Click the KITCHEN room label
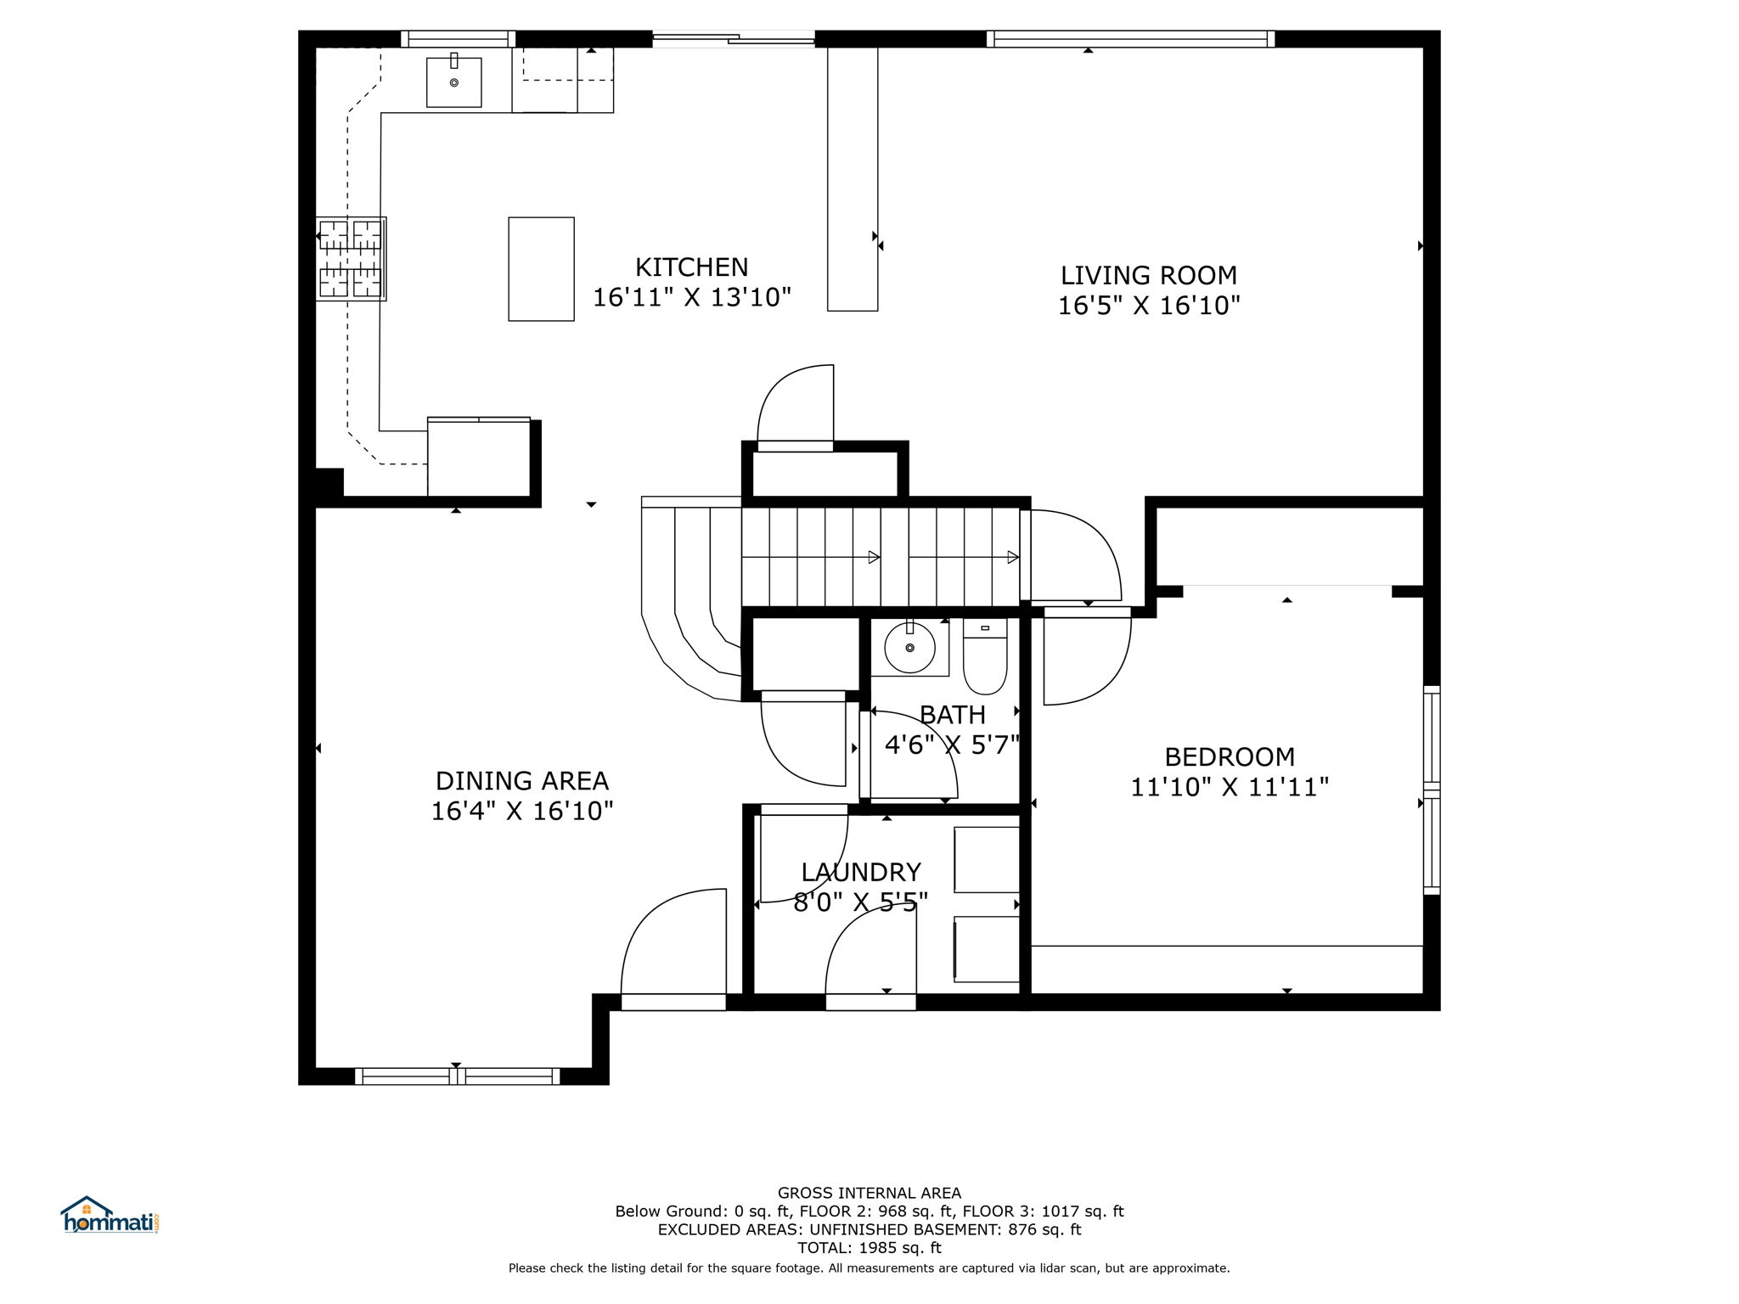pyautogui.click(x=691, y=267)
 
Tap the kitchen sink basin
pyautogui.click(x=453, y=82)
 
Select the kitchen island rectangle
pyautogui.click(x=541, y=269)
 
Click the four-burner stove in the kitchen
pyautogui.click(x=351, y=258)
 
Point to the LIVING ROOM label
pyautogui.click(x=1148, y=275)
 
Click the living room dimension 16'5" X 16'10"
pyautogui.click(x=1148, y=306)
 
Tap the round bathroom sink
pyautogui.click(x=909, y=648)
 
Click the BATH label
pyautogui.click(x=952, y=715)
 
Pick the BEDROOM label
pyautogui.click(x=1229, y=756)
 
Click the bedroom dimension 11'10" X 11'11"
pyautogui.click(x=1229, y=787)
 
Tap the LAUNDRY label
pyautogui.click(x=860, y=872)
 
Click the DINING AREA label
pyautogui.click(x=521, y=780)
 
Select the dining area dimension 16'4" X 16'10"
pyautogui.click(x=521, y=811)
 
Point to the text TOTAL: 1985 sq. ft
pyautogui.click(x=869, y=1248)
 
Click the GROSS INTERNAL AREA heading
pyautogui.click(x=869, y=1193)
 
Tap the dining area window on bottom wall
pyautogui.click(x=457, y=1076)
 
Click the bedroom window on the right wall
pyautogui.click(x=1432, y=790)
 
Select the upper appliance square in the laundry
pyautogui.click(x=986, y=859)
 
